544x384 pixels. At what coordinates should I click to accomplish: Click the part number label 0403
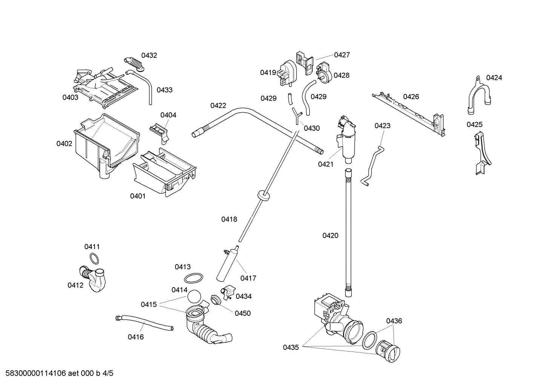click(x=70, y=98)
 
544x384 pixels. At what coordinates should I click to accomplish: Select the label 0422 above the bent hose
click(x=218, y=106)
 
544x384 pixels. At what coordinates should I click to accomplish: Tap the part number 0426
click(x=411, y=97)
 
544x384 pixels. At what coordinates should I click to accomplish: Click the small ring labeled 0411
click(x=95, y=259)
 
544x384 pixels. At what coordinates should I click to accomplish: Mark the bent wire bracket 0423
click(x=372, y=165)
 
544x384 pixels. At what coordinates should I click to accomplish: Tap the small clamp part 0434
click(x=227, y=292)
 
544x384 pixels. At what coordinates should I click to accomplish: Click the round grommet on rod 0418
click(x=263, y=194)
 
